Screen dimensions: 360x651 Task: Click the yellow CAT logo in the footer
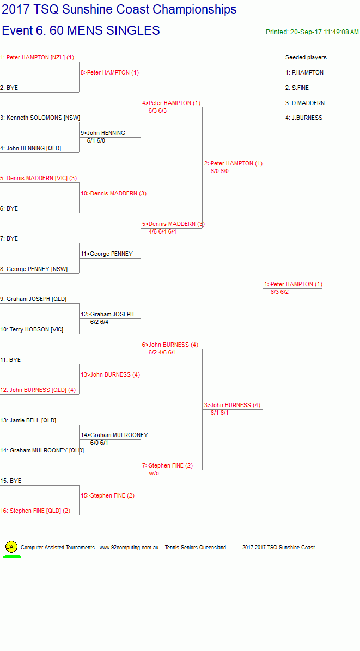[11, 547]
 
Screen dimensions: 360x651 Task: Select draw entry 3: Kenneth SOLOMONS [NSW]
[40, 118]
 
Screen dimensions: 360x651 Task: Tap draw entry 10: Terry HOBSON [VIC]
[32, 329]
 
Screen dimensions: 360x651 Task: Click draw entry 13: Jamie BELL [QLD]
[28, 420]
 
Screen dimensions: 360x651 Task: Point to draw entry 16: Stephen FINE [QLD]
[35, 511]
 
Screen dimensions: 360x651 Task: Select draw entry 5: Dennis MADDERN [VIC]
[38, 178]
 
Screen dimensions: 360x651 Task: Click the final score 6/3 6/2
[279, 292]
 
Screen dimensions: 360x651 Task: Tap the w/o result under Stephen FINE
[154, 474]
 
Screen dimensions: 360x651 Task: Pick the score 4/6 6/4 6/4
[162, 231]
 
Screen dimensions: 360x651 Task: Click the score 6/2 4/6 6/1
[162, 352]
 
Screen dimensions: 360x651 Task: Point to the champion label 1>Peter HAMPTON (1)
[293, 284]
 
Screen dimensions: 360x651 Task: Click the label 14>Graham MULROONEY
[114, 435]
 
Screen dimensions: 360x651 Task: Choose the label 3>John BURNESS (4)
[232, 405]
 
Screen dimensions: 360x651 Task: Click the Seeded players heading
[306, 57]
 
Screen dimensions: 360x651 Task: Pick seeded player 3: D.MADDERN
[305, 103]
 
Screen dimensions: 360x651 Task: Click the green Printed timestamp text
[312, 32]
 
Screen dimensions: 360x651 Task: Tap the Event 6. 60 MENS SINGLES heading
[81, 30]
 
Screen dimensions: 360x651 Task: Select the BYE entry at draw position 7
[9, 239]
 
